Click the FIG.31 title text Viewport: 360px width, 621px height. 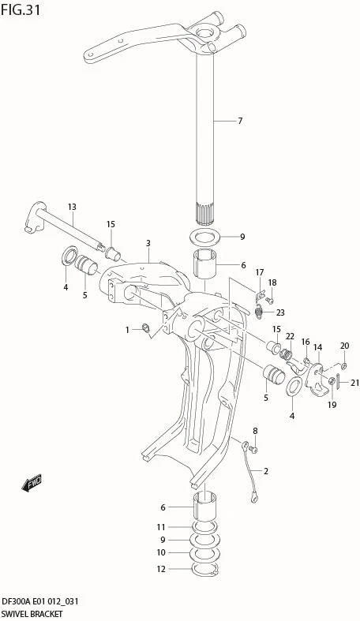[21, 10]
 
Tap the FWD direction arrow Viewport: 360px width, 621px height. [32, 482]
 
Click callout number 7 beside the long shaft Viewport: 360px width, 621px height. [240, 121]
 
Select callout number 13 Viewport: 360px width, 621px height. [72, 207]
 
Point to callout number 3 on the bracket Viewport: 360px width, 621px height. [148, 243]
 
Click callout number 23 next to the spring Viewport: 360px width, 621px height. [280, 312]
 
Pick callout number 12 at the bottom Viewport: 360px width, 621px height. [161, 569]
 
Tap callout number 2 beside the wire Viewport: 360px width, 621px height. [266, 471]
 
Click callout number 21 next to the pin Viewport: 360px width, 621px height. [354, 383]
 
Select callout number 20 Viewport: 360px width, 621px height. [344, 346]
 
